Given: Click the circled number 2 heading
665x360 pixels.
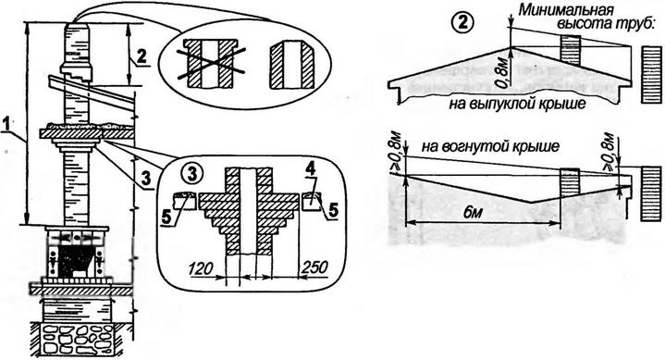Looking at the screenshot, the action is pos(461,22).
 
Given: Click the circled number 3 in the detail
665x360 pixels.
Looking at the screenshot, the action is pos(191,175).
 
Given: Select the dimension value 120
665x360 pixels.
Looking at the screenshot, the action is pos(201,268).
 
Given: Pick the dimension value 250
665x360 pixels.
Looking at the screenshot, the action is pos(314,267).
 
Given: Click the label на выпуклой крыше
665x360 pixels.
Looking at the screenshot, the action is pos(517,103).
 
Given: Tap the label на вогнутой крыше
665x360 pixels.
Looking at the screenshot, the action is pos(490,146).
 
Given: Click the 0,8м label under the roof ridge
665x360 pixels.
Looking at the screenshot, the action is pos(504,74).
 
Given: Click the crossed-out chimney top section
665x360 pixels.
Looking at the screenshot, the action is pos(211,64).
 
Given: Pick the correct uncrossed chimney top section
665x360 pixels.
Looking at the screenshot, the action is pos(292,65).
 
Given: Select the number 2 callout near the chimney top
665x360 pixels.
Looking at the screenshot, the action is pos(142,56).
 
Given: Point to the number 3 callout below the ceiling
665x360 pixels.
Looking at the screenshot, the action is pos(147,180).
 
